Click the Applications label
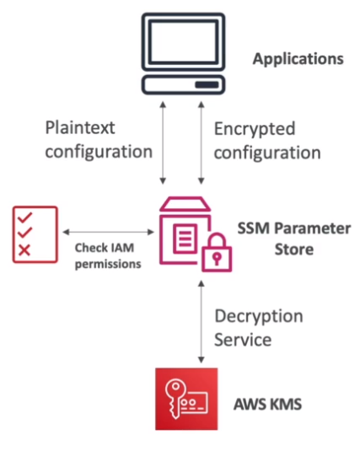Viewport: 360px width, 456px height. [298, 59]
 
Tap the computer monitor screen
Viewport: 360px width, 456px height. [183, 42]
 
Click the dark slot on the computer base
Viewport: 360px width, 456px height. [207, 84]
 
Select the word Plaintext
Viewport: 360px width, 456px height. [80, 127]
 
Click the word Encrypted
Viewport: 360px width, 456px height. [255, 129]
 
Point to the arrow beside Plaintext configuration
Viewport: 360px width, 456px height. [163, 142]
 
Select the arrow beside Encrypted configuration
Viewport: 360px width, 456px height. [201, 142]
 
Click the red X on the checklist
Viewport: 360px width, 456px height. [24, 250]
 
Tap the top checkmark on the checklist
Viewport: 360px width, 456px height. [25, 217]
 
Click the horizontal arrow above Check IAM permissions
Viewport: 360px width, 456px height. [109, 232]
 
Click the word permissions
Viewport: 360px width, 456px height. [108, 264]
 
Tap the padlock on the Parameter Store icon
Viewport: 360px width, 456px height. [217, 252]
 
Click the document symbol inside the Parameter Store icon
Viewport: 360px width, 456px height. [185, 239]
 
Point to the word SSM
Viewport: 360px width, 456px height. [254, 228]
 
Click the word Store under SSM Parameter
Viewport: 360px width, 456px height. [294, 249]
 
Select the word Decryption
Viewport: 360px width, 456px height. [259, 317]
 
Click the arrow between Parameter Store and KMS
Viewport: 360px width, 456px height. [201, 322]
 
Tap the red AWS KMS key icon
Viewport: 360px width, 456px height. [186, 399]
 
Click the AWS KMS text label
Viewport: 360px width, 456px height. [267, 405]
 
